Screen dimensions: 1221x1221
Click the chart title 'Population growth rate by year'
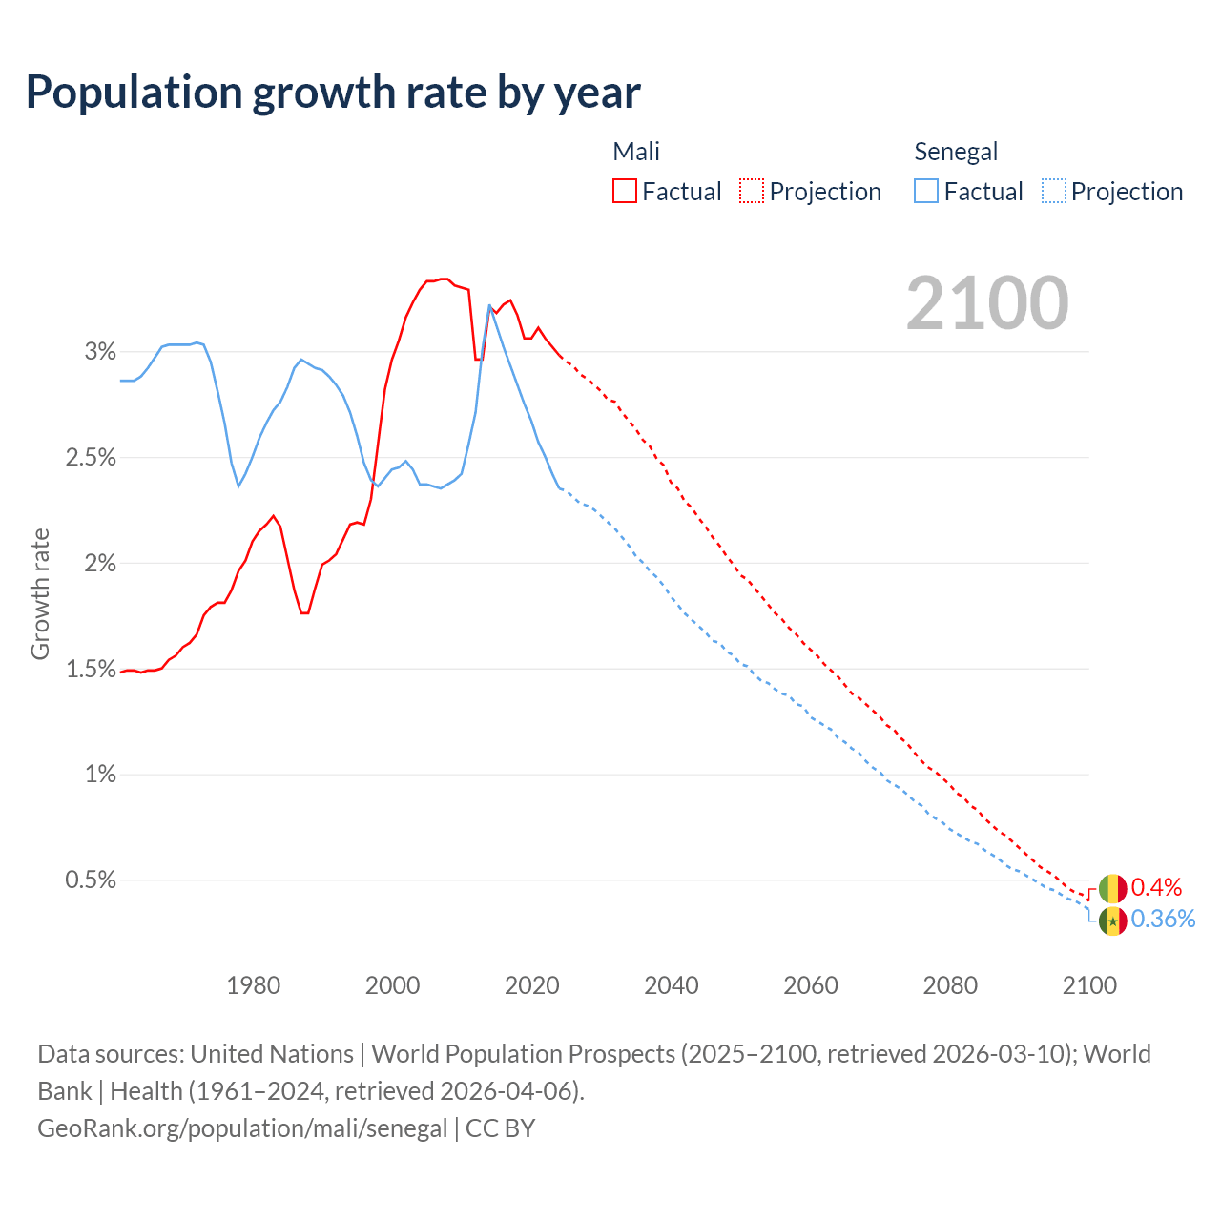tap(333, 93)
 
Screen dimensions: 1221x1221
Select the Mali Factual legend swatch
tap(625, 191)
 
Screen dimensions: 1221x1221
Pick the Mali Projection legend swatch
tap(752, 191)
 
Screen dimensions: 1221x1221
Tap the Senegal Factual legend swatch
tap(926, 191)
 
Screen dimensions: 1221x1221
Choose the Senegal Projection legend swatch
tap(1054, 191)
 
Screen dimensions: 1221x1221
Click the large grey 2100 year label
tap(987, 303)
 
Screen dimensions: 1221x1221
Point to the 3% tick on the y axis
tap(100, 352)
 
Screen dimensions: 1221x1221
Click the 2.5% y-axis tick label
tap(91, 458)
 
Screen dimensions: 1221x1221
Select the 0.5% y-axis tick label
tap(91, 880)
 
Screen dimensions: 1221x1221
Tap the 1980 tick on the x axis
tap(254, 985)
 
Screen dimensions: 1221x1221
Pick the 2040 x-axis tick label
tap(672, 985)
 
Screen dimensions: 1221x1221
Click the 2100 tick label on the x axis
tap(1089, 985)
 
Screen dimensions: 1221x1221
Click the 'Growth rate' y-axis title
tap(40, 593)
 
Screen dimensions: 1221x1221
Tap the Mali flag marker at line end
tap(1112, 889)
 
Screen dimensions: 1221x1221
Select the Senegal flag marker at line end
tap(1112, 921)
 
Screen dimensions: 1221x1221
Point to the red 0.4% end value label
tap(1156, 888)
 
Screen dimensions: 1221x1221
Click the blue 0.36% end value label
tap(1163, 919)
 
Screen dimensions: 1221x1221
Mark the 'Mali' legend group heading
tap(636, 152)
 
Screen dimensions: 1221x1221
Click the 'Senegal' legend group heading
tap(956, 152)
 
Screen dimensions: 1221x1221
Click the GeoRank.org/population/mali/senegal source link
tap(242, 1128)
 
